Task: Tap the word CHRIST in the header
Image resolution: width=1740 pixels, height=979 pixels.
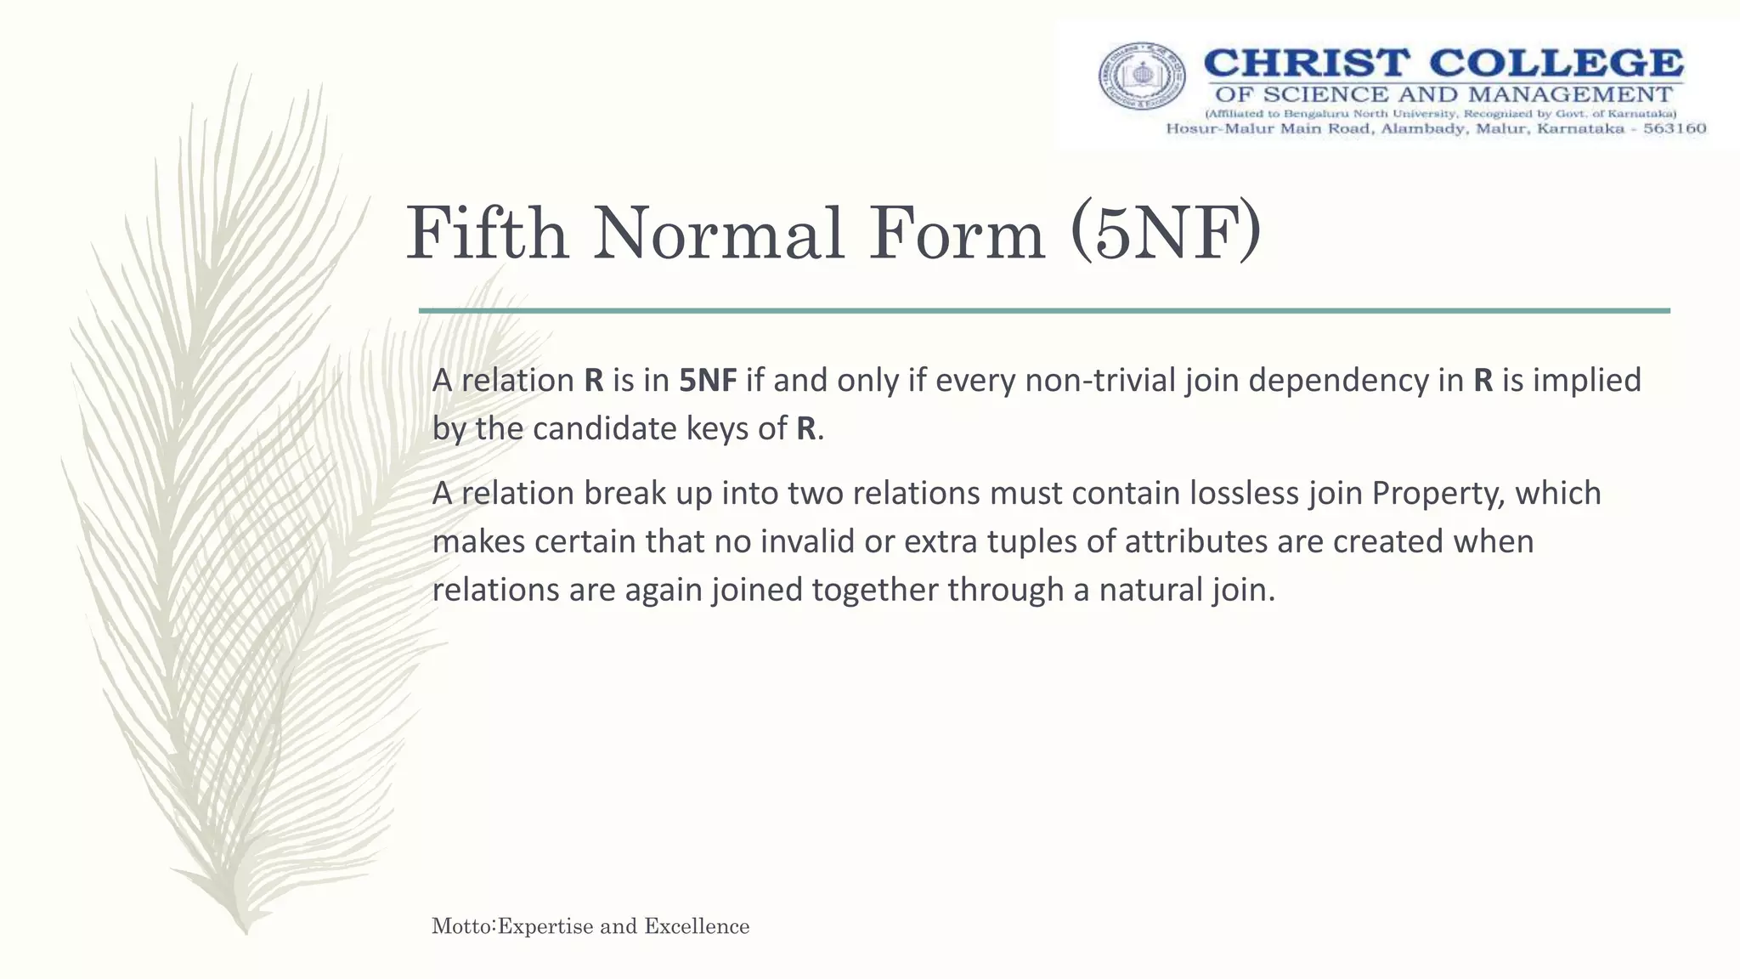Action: (x=1307, y=65)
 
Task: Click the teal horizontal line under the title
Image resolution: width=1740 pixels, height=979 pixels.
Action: (x=1043, y=311)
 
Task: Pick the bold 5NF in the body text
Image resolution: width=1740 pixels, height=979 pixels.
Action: (x=708, y=380)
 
